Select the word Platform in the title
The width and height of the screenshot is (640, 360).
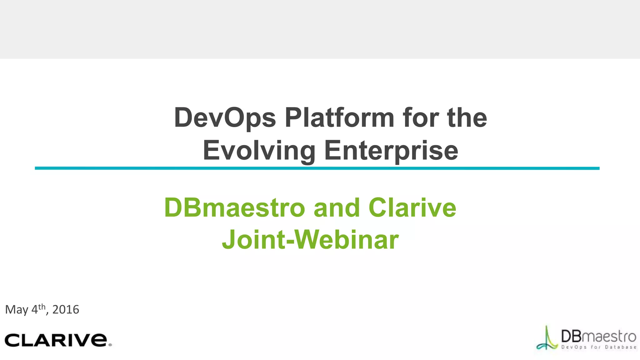339,118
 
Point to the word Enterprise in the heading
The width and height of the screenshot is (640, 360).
391,151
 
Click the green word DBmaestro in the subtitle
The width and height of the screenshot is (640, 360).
234,208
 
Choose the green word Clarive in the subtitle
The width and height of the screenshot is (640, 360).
412,208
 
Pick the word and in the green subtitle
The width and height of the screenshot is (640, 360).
337,208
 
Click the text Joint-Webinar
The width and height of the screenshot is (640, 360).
310,240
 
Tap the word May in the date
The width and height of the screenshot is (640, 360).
17,310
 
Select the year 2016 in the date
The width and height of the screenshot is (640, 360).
66,310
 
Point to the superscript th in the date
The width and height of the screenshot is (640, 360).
42,307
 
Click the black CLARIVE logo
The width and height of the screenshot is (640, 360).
56,340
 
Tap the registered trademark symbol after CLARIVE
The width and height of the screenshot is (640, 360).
110,345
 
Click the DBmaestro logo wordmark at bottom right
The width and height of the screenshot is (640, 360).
598,337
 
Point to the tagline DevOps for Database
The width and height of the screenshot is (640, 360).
599,347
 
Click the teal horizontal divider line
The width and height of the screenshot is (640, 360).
317,168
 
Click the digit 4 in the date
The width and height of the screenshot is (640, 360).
34,310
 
